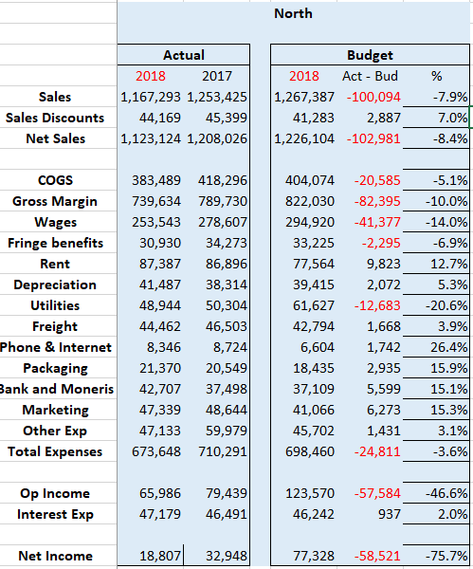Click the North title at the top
pos(292,13)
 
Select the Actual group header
pos(183,55)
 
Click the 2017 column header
pos(219,76)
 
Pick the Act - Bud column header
pos(370,76)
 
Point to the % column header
pos(436,76)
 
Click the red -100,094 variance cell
pos(373,97)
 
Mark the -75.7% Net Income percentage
pos(445,556)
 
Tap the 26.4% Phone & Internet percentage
pos(446,347)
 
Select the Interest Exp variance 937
pos(388,514)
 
